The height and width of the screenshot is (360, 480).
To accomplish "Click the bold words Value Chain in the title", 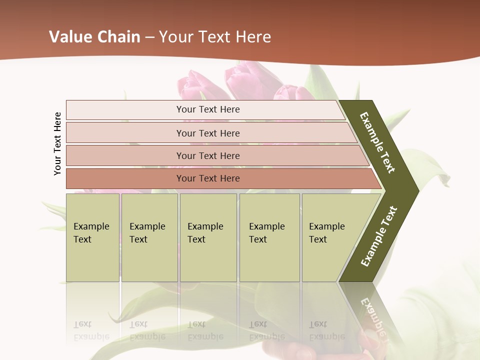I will tap(94, 37).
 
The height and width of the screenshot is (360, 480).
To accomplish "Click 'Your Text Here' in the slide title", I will tap(215, 37).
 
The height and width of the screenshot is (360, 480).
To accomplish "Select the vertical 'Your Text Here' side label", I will tap(58, 143).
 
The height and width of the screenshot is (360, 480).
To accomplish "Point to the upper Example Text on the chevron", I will tap(377, 142).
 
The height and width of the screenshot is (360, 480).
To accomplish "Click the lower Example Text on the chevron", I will tap(379, 236).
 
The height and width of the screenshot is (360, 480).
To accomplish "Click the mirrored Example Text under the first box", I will tap(91, 330).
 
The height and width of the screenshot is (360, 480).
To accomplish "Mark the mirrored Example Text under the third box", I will tap(205, 330).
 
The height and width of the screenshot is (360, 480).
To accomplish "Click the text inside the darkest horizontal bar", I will tap(208, 178).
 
